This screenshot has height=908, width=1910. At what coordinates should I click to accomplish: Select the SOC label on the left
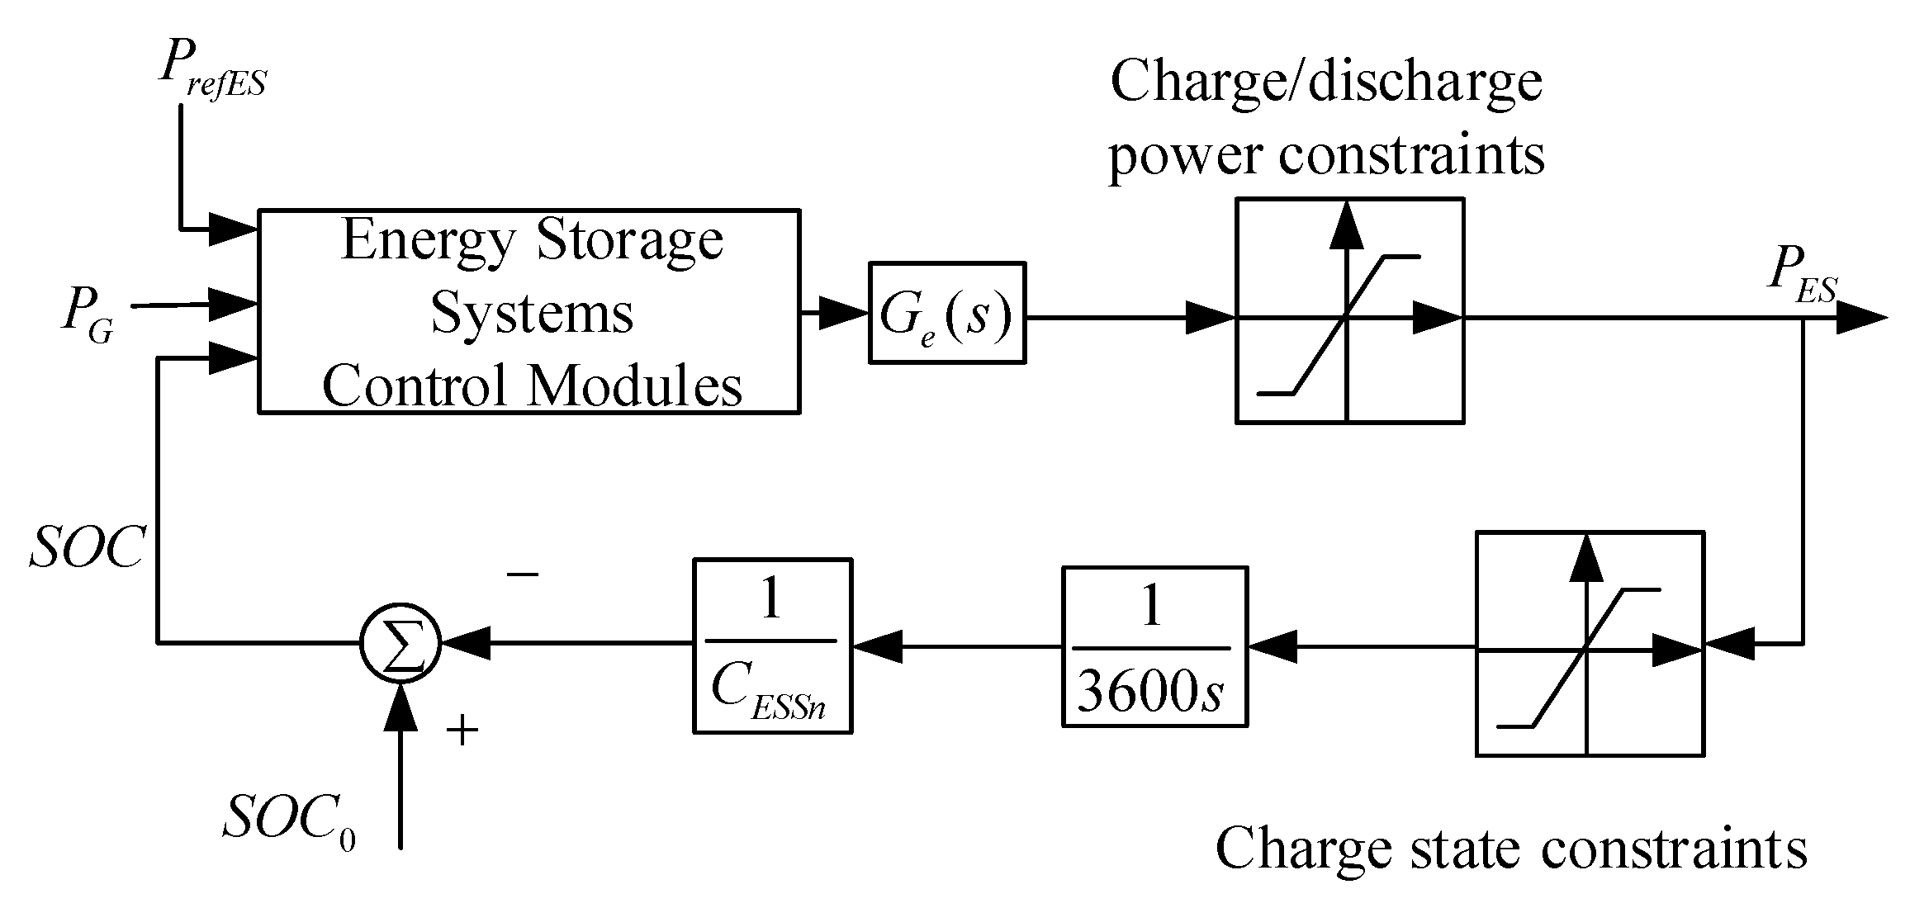87,547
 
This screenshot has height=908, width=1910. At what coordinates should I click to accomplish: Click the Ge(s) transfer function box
946,313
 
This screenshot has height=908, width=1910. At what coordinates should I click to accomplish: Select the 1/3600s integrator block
1154,646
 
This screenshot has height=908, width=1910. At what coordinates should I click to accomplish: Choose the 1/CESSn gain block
771,646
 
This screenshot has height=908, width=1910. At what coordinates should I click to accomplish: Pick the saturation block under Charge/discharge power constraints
1348,311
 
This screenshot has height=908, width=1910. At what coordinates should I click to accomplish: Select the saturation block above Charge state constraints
1589,645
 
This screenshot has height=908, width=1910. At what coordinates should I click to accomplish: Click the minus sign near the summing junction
523,573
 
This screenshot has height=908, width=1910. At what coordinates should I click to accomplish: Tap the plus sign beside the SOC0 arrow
462,730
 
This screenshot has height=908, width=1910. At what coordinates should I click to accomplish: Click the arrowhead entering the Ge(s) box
844,313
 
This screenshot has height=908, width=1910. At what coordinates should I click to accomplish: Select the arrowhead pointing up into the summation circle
401,707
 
